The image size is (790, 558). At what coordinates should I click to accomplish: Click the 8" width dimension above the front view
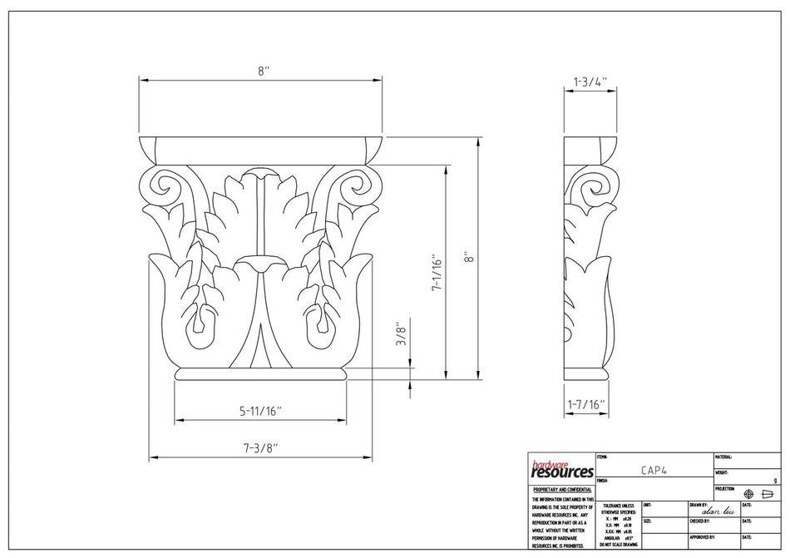[263, 72]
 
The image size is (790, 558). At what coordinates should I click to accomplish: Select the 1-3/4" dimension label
[590, 82]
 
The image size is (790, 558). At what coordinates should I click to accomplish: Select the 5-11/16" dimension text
[261, 410]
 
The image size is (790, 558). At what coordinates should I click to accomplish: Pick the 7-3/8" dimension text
[260, 447]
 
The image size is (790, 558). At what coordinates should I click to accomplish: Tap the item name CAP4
[653, 470]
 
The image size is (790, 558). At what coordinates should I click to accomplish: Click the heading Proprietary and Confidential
[561, 491]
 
